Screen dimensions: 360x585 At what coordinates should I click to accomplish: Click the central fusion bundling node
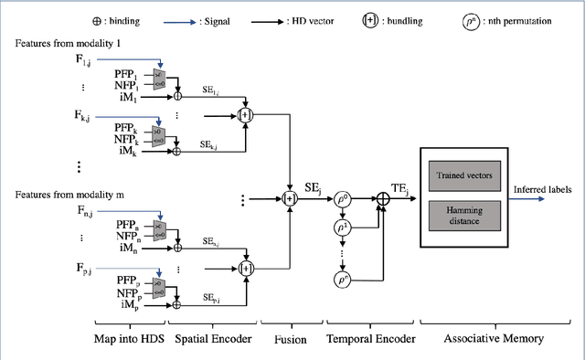click(x=290, y=196)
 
